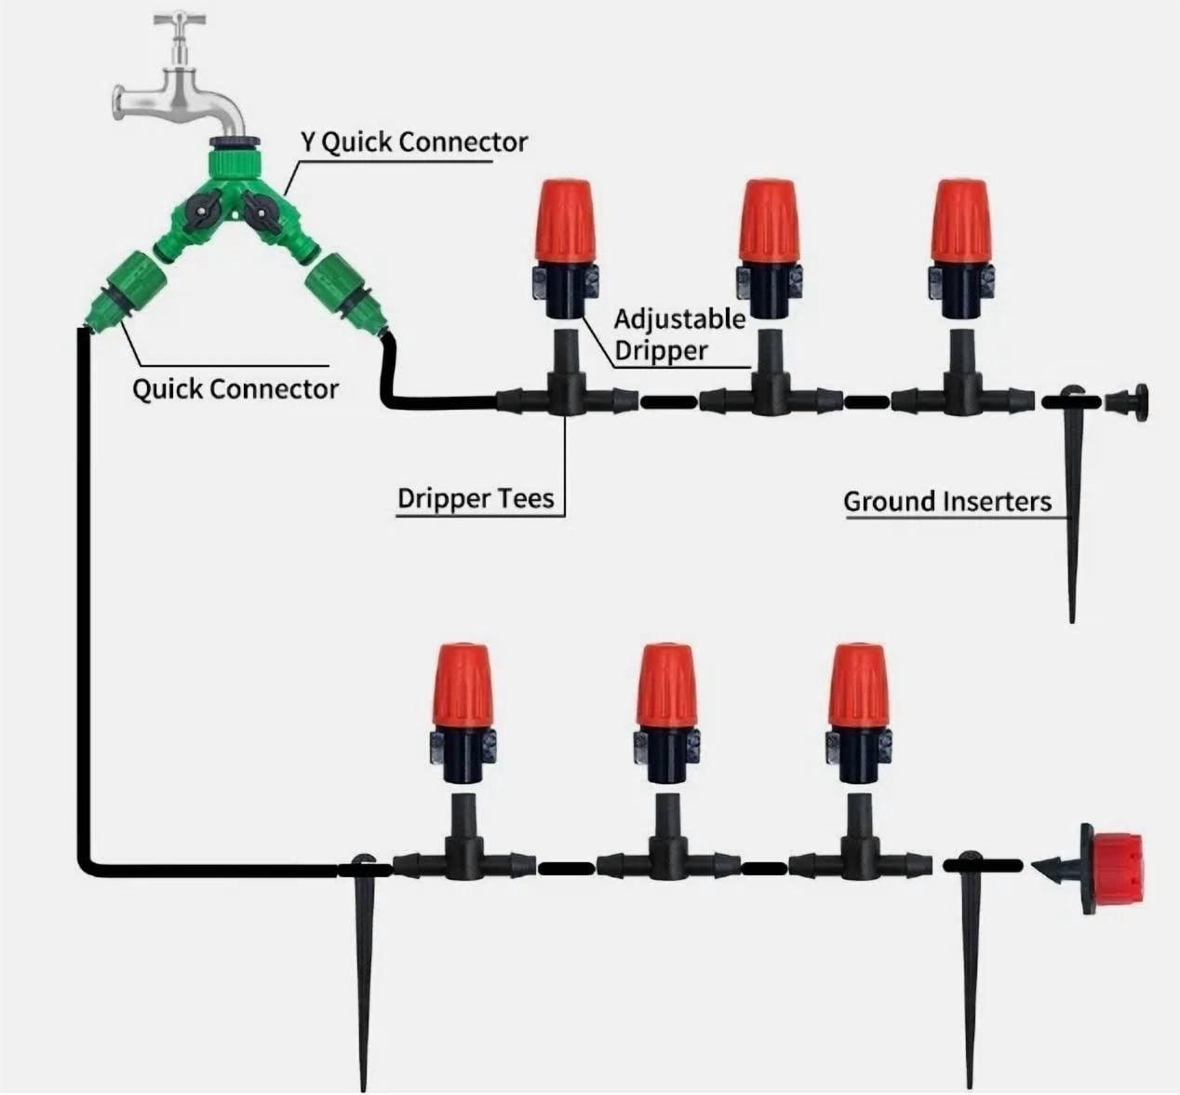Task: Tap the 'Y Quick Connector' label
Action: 414,142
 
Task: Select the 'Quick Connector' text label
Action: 235,389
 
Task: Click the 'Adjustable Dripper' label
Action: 679,335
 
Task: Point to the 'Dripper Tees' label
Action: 476,498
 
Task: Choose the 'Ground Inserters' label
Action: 947,501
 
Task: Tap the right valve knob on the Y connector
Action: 259,213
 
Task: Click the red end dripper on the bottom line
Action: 1116,869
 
